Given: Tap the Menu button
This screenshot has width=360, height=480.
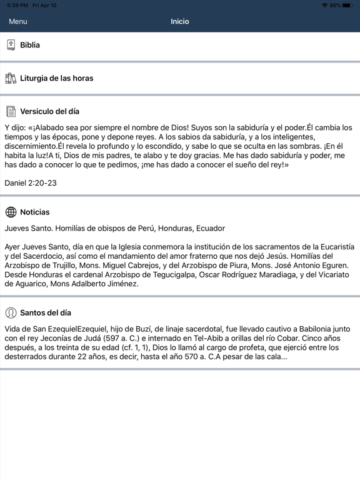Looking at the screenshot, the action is point(18,21).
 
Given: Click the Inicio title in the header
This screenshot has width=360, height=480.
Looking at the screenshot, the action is point(180,21).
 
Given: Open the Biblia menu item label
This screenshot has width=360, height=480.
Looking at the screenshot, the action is point(30,45).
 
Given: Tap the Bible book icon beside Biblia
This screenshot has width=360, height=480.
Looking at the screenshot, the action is point(11,45).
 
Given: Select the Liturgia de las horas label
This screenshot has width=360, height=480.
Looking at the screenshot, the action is point(57,78).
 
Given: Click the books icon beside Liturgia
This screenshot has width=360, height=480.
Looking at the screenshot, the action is point(11,78).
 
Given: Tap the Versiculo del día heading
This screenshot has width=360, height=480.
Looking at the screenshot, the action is point(50,112).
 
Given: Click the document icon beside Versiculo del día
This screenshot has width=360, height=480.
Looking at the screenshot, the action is point(11,112).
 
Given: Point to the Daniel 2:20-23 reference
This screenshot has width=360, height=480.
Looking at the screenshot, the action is point(31,183).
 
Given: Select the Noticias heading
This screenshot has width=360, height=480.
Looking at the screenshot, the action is point(35,212).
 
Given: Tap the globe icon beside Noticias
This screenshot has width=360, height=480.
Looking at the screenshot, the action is point(11,212).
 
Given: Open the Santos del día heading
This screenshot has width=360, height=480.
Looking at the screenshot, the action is point(50,312).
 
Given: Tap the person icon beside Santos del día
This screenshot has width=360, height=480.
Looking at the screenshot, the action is point(11,312).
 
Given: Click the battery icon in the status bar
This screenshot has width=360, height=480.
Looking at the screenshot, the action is point(347,5).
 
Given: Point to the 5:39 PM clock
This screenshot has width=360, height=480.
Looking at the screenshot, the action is point(17,5).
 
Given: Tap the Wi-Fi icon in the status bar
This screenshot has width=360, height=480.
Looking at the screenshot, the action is point(324,5).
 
